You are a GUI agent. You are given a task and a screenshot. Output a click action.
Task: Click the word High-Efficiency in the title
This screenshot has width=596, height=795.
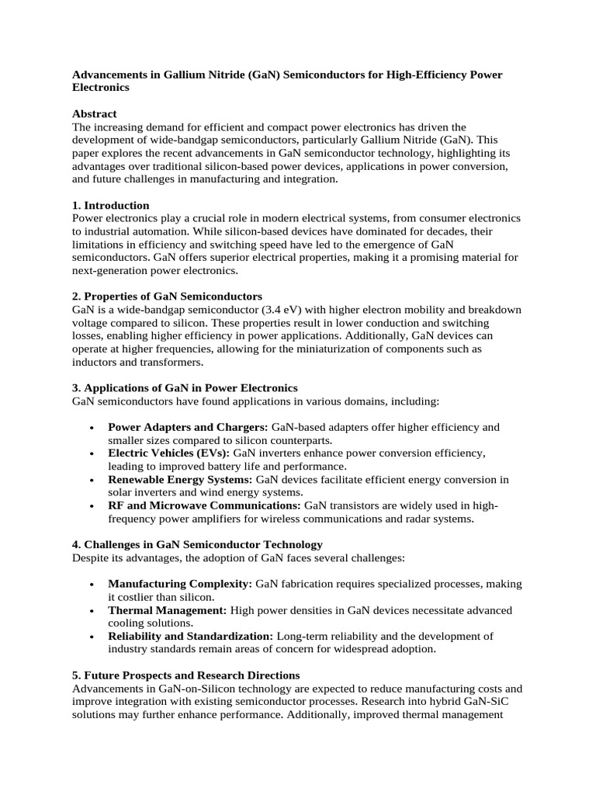pos(424,75)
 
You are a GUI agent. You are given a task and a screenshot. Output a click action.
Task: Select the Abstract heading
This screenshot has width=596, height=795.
pos(94,113)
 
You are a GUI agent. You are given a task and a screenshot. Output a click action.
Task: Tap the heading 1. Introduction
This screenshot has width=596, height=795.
pos(110,206)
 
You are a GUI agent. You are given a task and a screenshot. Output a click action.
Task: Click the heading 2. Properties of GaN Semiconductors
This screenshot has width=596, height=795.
pos(167,297)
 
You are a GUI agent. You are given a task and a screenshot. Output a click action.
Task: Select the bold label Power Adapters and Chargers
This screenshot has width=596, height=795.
pos(187,427)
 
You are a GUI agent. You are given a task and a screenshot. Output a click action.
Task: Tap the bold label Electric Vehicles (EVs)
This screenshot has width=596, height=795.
pos(168,453)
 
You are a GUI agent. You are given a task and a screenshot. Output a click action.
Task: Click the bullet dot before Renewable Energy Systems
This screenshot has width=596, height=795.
pos(92,479)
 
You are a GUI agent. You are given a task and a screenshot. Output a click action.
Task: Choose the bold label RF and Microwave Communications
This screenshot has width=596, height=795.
pos(205,505)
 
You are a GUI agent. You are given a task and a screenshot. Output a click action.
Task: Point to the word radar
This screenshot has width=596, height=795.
pos(414,519)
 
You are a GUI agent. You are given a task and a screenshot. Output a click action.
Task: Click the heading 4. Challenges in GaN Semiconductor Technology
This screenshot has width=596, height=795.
pos(197,545)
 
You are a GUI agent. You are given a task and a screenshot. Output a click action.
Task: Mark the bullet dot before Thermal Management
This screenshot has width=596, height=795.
pos(92,610)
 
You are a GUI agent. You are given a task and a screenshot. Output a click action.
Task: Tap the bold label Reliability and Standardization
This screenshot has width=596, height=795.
pos(190,637)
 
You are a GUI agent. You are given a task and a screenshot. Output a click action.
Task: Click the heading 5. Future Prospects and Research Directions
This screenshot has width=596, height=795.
pos(185,675)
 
